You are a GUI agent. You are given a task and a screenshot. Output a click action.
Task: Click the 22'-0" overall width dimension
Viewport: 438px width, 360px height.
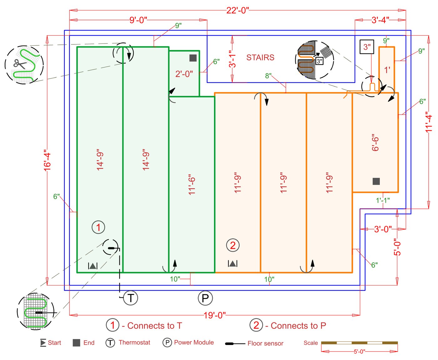pyautogui.click(x=237, y=10)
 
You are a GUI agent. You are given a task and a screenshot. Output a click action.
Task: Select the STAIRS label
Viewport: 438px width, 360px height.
pyautogui.click(x=260, y=58)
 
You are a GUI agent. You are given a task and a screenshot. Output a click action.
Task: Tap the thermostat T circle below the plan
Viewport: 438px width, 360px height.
pyautogui.click(x=130, y=298)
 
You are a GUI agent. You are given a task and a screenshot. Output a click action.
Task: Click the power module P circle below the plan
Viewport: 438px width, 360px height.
pyautogui.click(x=205, y=298)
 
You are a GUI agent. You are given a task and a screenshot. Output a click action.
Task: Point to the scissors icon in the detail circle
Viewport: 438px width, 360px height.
pyautogui.click(x=20, y=64)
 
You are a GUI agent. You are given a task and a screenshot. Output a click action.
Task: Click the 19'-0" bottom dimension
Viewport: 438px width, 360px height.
pyautogui.click(x=215, y=315)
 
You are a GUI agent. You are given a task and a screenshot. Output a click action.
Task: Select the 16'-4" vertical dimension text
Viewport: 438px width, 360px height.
pyautogui.click(x=47, y=160)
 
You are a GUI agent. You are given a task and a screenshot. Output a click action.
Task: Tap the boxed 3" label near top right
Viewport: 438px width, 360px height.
pyautogui.click(x=367, y=47)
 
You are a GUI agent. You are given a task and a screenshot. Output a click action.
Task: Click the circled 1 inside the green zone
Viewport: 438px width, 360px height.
pyautogui.click(x=98, y=227)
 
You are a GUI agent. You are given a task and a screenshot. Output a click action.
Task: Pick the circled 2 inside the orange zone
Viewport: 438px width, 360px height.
pyautogui.click(x=233, y=245)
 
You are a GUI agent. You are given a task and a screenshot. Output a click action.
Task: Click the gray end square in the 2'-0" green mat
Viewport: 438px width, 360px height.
pyautogui.click(x=193, y=58)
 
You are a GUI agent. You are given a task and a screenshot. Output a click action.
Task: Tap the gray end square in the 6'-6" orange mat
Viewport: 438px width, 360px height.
pyautogui.click(x=376, y=181)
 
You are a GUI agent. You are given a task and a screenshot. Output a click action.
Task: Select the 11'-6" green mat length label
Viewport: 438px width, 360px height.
pyautogui.click(x=192, y=185)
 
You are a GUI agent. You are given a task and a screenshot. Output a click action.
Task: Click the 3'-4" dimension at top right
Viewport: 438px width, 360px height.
pyautogui.click(x=380, y=20)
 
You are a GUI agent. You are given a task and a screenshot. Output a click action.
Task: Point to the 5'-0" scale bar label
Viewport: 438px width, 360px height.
pyautogui.click(x=359, y=352)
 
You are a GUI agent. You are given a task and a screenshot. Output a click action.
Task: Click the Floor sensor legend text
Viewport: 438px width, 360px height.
pyautogui.click(x=265, y=343)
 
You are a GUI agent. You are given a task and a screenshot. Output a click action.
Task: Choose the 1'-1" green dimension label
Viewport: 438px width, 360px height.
pyautogui.click(x=383, y=200)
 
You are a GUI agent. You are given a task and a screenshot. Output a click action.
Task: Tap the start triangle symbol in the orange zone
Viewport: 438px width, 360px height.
pyautogui.click(x=232, y=264)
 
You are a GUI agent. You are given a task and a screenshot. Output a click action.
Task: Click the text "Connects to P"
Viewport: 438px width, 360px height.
pyautogui.click(x=298, y=326)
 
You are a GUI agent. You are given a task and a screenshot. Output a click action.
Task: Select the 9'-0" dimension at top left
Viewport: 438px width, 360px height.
pyautogui.click(x=138, y=20)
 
